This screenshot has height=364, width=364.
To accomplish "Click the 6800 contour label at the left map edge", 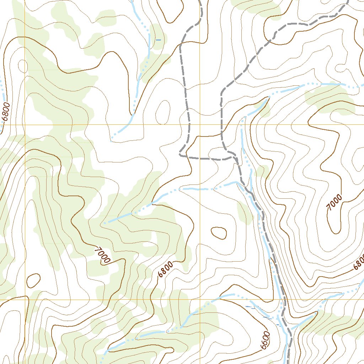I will pos(6,113).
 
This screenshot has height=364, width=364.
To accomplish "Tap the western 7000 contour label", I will pos(102,256).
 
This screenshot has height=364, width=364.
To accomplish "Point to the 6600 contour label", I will pos(265,341).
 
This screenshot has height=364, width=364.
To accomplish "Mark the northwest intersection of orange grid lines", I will pos(25,125).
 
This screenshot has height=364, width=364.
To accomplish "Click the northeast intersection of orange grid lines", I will pos(200,125).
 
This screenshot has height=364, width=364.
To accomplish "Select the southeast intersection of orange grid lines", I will pos(200,299).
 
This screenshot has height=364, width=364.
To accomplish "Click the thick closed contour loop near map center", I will pos(219,233).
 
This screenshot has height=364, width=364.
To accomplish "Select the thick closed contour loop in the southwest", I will pos(33,281).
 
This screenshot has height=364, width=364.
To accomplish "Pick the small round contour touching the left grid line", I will pos(23,66).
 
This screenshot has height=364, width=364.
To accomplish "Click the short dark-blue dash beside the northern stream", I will pos(159,40).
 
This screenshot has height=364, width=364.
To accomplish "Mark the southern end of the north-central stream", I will pos(112,139).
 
